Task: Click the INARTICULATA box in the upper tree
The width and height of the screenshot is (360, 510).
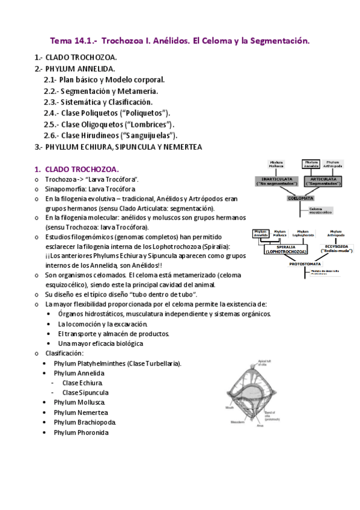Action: [277, 180]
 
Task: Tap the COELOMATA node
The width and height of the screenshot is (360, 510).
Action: [300, 197]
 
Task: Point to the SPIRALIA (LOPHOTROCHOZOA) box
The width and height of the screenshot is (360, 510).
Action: [285, 249]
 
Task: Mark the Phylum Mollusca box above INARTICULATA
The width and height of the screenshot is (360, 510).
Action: [277, 164]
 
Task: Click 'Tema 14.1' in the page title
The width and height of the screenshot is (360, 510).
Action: [73, 41]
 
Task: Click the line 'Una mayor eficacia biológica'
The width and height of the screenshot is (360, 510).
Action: [100, 343]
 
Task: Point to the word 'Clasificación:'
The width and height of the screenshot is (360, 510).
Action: [64, 353]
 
